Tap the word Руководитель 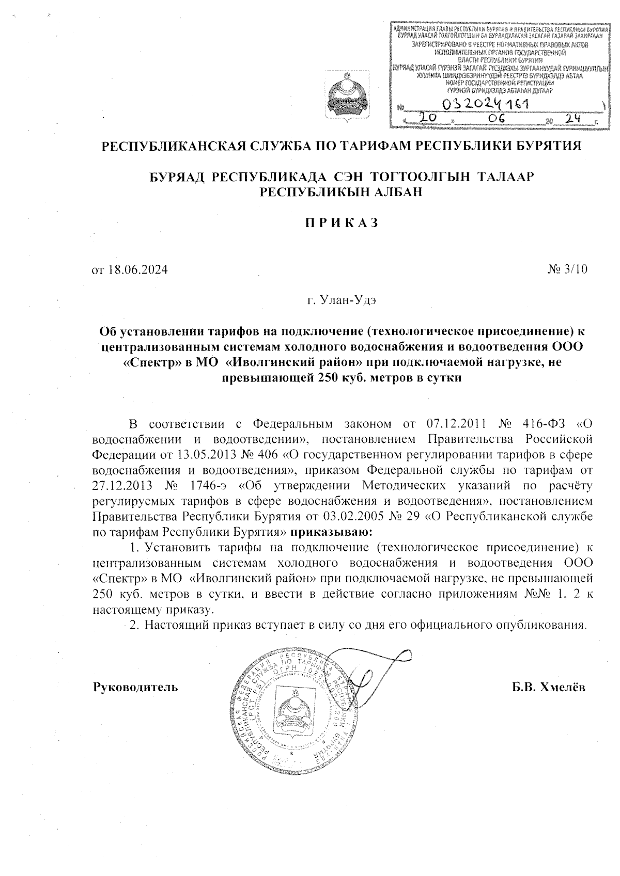click(135, 687)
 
